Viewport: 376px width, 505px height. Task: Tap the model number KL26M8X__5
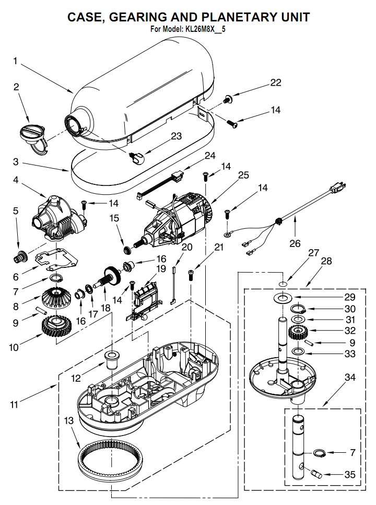(205, 29)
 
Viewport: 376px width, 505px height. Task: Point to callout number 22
(276, 83)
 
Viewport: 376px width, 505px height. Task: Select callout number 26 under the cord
(295, 243)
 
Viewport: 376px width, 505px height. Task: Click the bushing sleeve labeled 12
(112, 360)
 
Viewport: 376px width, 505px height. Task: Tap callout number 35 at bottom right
(350, 474)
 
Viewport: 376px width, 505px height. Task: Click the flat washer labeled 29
(283, 298)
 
